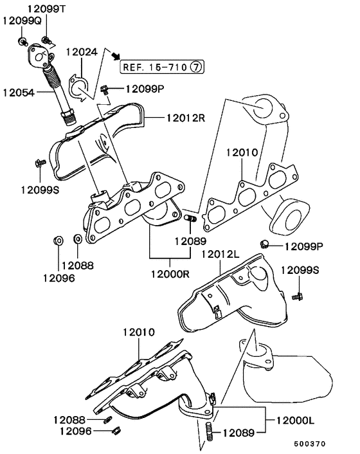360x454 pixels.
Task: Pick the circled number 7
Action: pyautogui.click(x=197, y=66)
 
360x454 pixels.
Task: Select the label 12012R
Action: pyautogui.click(x=186, y=118)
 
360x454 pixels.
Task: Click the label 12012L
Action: pyautogui.click(x=221, y=255)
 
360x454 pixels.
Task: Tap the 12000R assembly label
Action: pyautogui.click(x=170, y=274)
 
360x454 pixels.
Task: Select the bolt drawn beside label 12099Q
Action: pyautogui.click(x=22, y=42)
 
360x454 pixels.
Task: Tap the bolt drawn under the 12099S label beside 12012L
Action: pyautogui.click(x=298, y=296)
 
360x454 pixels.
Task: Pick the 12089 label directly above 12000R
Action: pyautogui.click(x=190, y=242)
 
